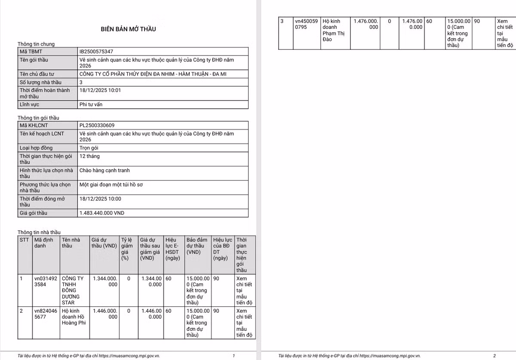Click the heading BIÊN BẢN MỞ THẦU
[128, 29]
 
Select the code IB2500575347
[96, 52]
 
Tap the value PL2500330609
[97, 125]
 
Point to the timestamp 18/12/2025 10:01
[100, 90]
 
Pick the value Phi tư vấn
[91, 104]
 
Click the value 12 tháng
[89, 156]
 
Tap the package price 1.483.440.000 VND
[102, 213]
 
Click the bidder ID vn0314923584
[45, 281]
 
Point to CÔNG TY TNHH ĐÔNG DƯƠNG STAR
[73, 290]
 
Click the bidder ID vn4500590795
[306, 24]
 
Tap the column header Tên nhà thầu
[73, 243]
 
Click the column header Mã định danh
[44, 243]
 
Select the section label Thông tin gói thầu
[38, 118]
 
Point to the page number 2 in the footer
[494, 356]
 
